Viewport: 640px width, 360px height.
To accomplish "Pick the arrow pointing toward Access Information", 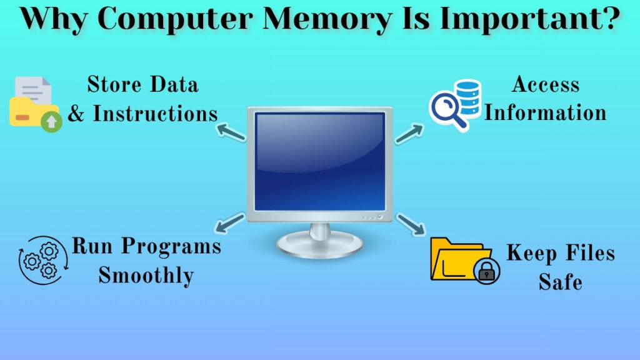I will (409, 133).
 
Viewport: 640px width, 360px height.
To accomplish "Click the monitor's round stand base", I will (319, 247).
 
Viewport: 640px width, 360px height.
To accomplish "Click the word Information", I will (546, 113).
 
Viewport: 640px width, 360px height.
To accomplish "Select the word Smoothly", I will (146, 275).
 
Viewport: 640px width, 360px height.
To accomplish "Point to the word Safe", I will (560, 282).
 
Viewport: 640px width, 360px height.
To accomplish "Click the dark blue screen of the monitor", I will (319, 161).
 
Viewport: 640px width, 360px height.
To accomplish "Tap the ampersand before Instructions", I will (76, 114).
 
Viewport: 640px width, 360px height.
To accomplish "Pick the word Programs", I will (171, 246).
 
